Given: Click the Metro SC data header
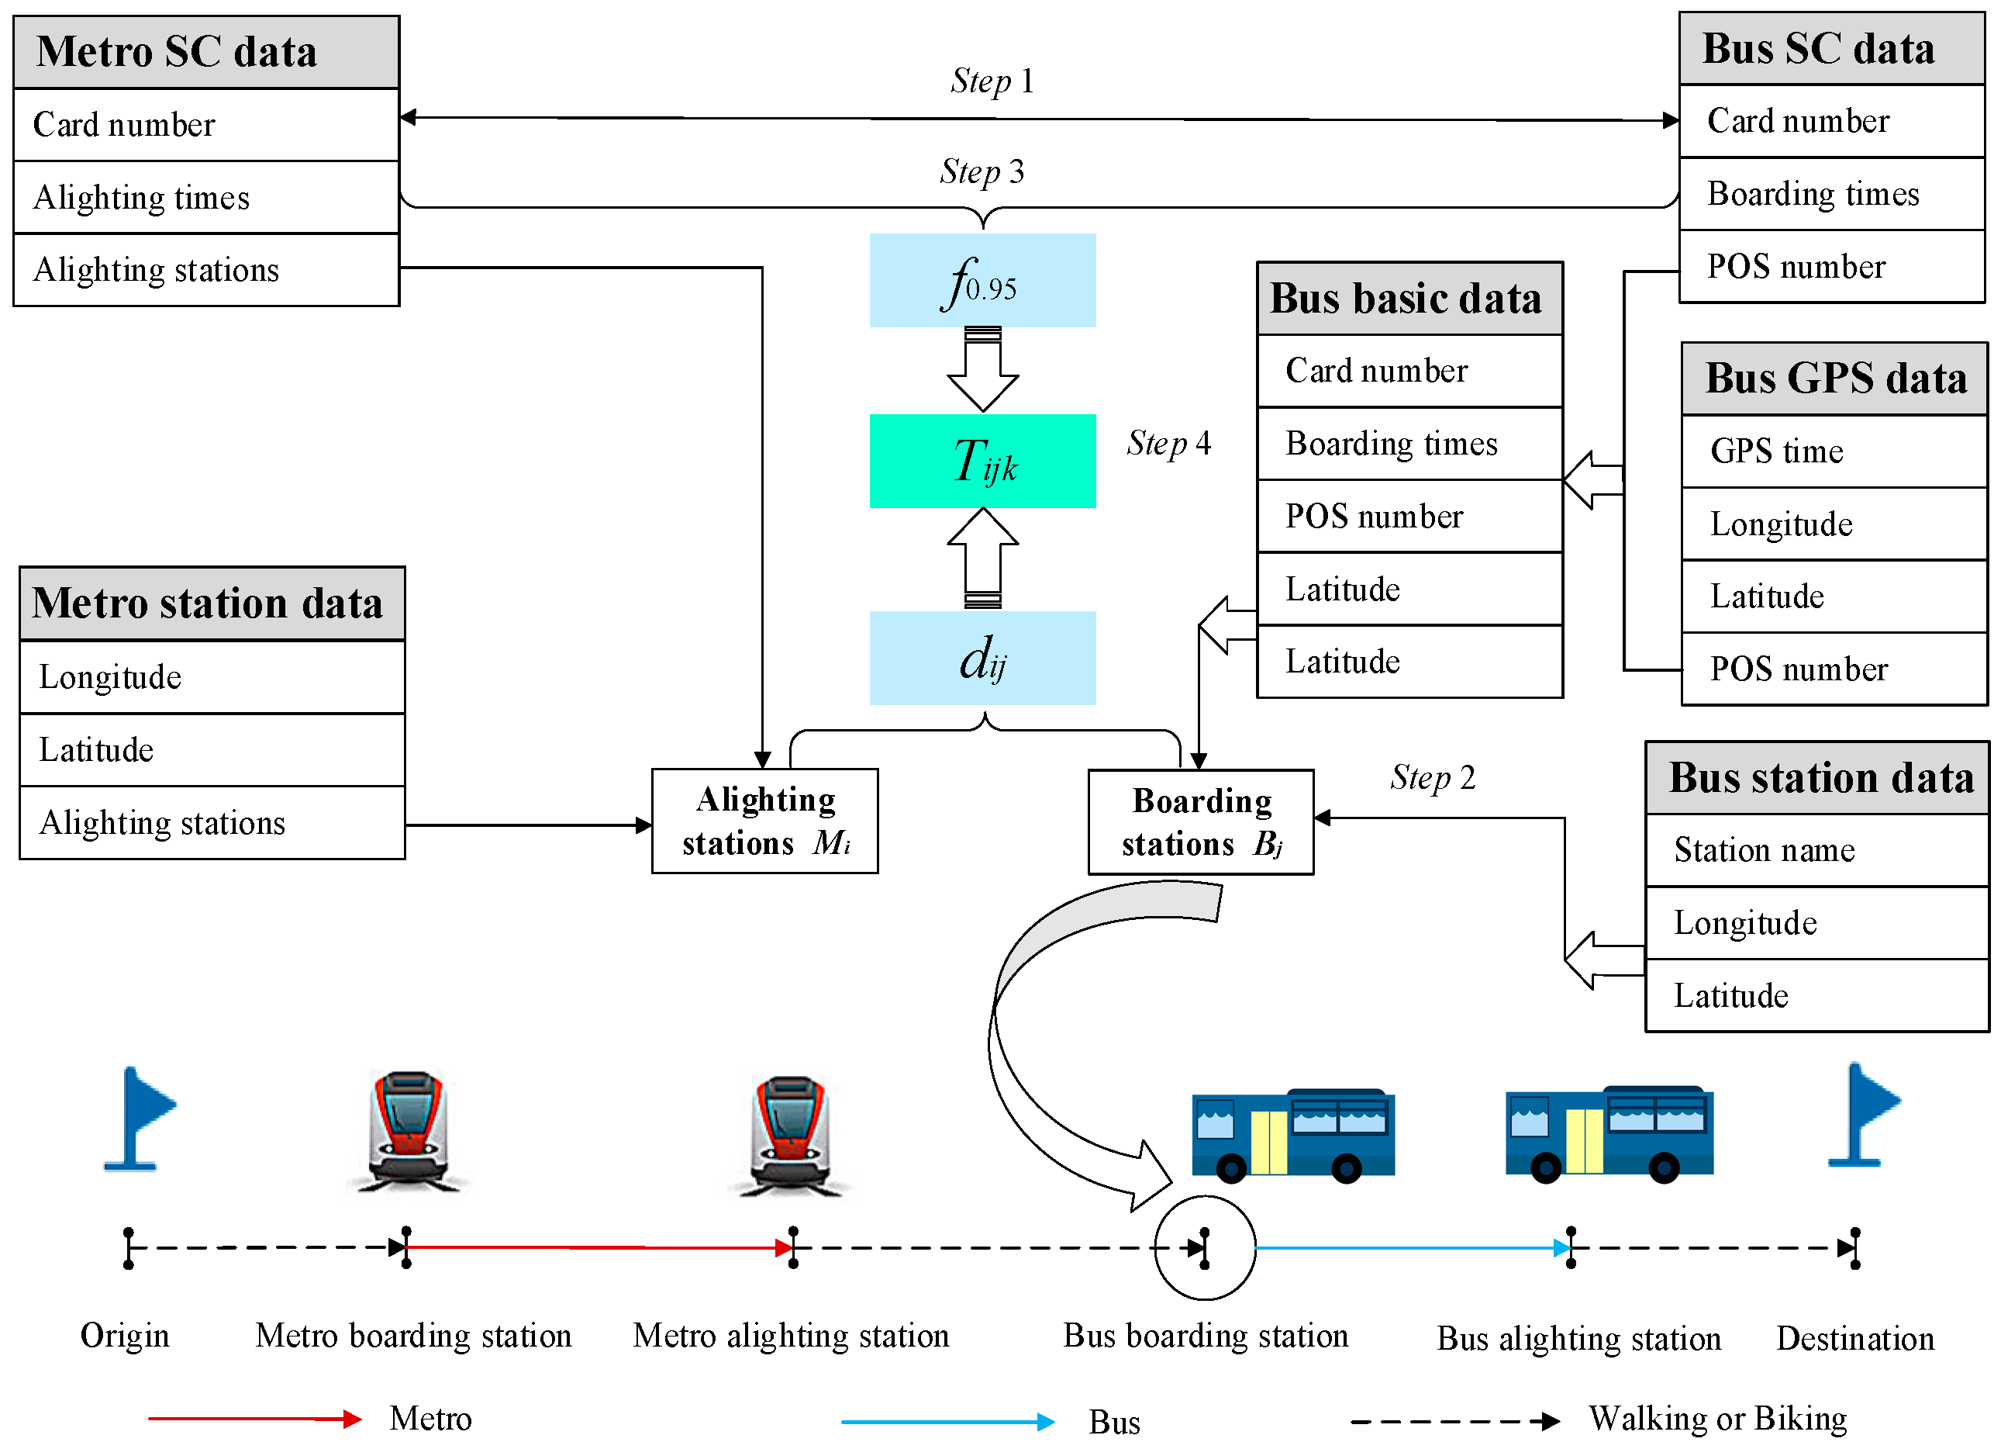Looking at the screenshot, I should pos(206,52).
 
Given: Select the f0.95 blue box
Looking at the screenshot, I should pos(982,281).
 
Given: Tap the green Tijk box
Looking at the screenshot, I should pos(982,461).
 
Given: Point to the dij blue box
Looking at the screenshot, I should pos(982,659).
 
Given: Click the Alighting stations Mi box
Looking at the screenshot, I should pos(764,821).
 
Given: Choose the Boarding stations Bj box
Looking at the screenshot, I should pos(1200,821).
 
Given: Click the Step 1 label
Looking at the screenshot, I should pos(992,81).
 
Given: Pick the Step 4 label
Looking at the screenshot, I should pos(1168,443).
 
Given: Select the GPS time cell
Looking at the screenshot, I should pos(1834,451).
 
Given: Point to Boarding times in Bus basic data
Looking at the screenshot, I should pos(1409,443).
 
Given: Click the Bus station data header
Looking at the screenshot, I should pos(1816,778).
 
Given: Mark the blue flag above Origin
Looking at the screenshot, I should pos(139,1117).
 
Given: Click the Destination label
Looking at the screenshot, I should pos(1854,1339).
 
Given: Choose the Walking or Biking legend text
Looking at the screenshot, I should pos(1718,1419).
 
